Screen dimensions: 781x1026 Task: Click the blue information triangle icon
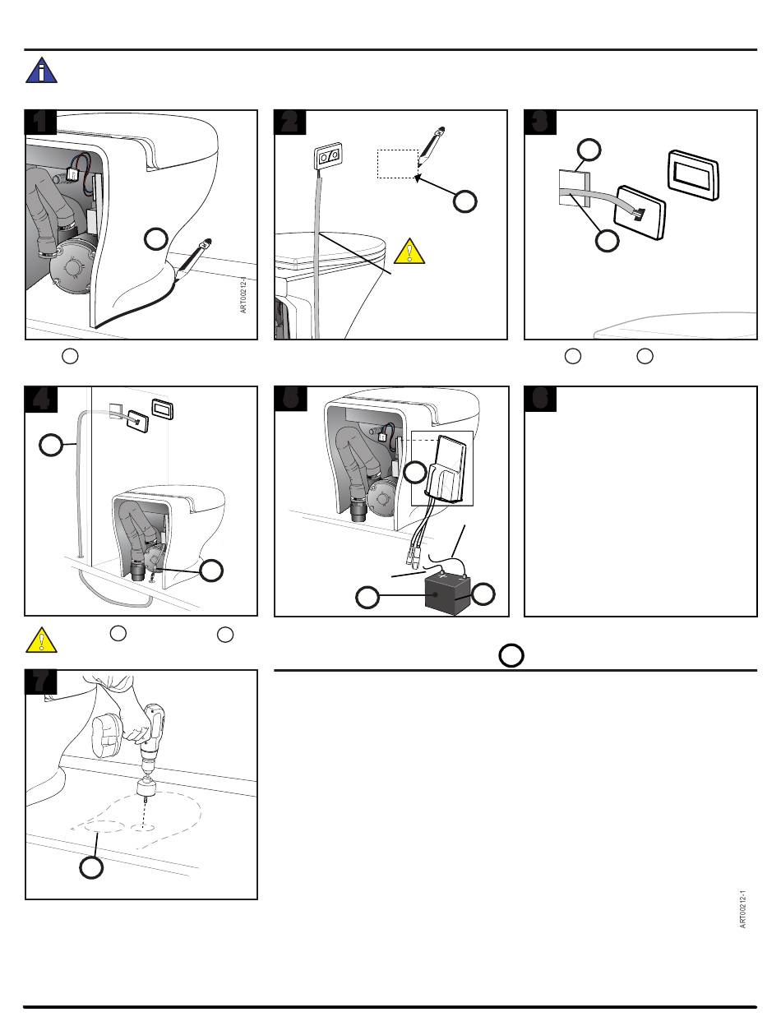(42, 71)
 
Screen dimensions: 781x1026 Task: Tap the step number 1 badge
(40, 122)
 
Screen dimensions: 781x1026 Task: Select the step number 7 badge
(40, 682)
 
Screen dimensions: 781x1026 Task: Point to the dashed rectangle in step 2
(398, 164)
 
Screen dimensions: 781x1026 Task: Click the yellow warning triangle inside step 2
(409, 251)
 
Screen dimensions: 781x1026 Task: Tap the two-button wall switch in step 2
(328, 156)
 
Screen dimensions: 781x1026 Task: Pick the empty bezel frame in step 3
(694, 175)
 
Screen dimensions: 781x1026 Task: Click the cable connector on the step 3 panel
(640, 214)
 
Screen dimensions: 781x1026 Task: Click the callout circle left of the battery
(367, 598)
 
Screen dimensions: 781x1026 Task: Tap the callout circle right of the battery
(483, 594)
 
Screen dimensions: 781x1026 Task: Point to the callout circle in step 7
(91, 867)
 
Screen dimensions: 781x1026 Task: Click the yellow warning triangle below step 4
(42, 640)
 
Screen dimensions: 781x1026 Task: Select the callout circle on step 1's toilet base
(155, 239)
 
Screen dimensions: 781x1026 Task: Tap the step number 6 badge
(540, 399)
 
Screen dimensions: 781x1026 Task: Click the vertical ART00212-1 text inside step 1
(243, 295)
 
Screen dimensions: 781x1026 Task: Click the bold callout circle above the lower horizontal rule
(511, 655)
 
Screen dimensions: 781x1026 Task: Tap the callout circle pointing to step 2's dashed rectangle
(465, 201)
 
